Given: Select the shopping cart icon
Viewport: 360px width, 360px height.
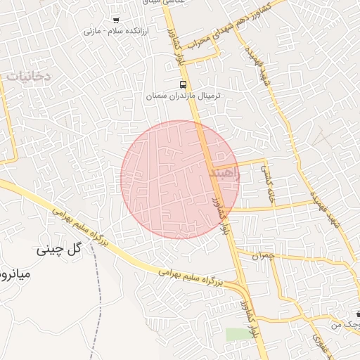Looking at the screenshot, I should tap(116, 20).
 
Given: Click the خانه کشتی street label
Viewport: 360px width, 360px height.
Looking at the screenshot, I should tap(268, 184).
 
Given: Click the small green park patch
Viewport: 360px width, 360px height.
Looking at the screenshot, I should tap(238, 334).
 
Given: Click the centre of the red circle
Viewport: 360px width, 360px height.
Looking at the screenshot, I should tap(179, 179).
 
